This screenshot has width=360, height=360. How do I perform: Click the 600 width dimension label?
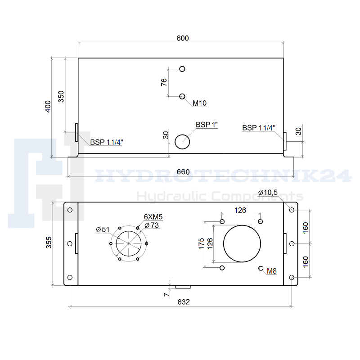click(x=183, y=38)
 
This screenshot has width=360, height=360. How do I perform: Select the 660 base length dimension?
click(x=183, y=172)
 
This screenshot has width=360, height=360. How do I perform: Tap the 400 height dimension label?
click(x=48, y=106)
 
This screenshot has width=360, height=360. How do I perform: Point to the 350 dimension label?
click(x=61, y=96)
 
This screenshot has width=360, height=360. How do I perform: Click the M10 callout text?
click(x=199, y=103)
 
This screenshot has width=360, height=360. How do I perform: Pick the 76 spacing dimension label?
click(x=164, y=82)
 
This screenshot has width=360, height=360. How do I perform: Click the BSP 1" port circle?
click(x=182, y=142)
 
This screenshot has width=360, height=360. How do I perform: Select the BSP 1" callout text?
click(x=207, y=125)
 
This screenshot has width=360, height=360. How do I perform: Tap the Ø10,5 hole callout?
click(x=268, y=193)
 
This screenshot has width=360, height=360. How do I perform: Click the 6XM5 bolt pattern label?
click(x=153, y=217)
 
